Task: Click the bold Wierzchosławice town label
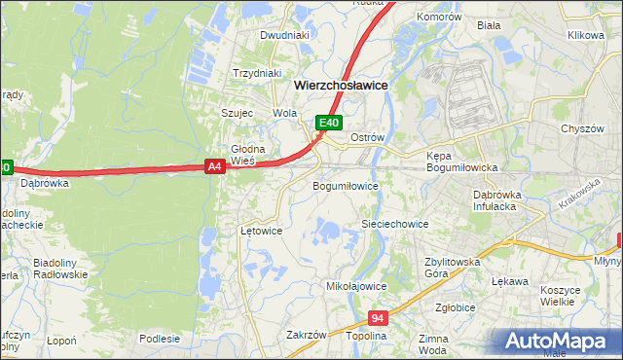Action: pyautogui.click(x=341, y=86)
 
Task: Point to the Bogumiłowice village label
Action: pyautogui.click(x=344, y=185)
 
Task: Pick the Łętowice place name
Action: pyautogui.click(x=261, y=231)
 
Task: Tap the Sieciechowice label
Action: pyautogui.click(x=395, y=224)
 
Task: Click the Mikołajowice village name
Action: pyautogui.click(x=356, y=287)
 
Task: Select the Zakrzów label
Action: pyautogui.click(x=306, y=335)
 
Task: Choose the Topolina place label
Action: pyautogui.click(x=366, y=335)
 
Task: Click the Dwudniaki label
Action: pyautogui.click(x=284, y=35)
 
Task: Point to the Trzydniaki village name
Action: pyautogui.click(x=257, y=73)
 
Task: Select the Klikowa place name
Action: pyautogui.click(x=586, y=35)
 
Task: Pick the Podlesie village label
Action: pyautogui.click(x=160, y=339)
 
